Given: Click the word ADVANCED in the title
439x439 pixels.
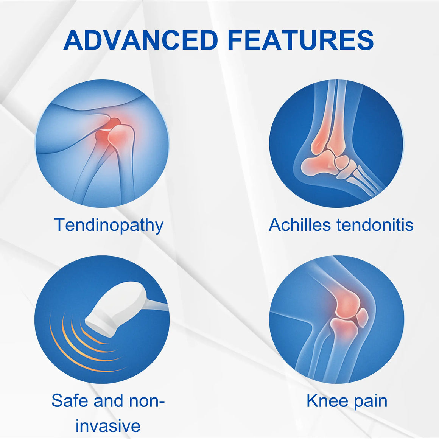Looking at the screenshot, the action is click(140, 40).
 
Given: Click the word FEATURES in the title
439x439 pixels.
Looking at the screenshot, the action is click(301, 40).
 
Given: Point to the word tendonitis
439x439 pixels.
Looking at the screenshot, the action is click(375, 224).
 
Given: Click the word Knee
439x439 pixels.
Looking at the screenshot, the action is click(327, 400).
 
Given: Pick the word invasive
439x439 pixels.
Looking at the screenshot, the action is click(108, 425).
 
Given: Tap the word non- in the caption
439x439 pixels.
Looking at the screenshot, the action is click(147, 401).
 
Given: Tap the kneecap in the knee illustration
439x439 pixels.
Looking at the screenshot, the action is click(362, 318).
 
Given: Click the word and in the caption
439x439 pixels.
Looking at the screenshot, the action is click(108, 400).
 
